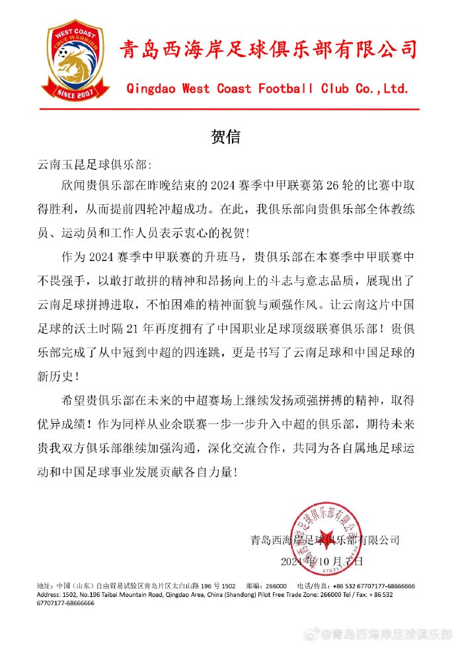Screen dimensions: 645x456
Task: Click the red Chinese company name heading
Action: (268, 50)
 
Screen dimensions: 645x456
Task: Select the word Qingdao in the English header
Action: (152, 88)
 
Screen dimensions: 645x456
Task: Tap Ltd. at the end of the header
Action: (394, 88)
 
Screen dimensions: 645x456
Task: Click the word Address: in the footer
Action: (51, 594)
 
